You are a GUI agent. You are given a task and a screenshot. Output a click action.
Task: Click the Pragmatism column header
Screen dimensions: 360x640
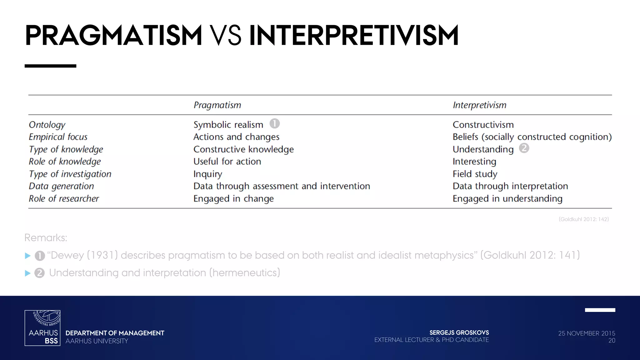pos(217,105)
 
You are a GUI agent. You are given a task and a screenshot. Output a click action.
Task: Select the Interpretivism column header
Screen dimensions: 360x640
pos(479,105)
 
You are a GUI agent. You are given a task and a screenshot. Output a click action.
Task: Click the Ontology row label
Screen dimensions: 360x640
pos(47,125)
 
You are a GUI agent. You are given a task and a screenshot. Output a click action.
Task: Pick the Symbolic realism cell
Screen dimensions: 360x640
pos(228,125)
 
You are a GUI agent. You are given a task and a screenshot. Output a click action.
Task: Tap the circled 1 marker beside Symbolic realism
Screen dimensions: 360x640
pos(274,123)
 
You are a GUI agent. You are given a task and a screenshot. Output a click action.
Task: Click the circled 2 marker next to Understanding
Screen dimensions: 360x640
pos(524,148)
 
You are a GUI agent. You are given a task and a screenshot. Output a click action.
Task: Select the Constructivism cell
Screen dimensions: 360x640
pos(483,125)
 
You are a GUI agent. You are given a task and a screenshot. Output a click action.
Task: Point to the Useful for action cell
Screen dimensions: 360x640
pos(227,162)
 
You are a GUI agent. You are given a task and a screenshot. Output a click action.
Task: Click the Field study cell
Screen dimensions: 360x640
pos(475,174)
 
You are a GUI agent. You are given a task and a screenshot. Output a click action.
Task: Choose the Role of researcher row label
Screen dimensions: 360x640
pos(64,198)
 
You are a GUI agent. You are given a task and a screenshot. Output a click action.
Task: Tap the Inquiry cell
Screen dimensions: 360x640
pos(207,174)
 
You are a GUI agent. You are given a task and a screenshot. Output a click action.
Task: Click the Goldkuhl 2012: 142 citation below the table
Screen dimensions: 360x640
pos(583,219)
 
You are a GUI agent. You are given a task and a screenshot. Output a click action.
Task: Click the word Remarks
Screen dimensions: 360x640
pos(46,238)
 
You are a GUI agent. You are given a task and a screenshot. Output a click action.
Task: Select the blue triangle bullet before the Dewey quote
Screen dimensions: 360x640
pos(27,256)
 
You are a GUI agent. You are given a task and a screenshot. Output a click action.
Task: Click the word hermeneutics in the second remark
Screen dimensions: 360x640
pos(244,273)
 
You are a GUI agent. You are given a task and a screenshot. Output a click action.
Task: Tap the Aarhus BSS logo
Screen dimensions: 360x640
pos(42,328)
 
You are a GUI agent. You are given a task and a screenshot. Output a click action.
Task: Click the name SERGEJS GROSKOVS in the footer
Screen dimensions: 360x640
pos(459,333)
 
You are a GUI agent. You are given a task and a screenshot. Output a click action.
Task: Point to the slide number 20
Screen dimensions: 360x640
pos(612,341)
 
